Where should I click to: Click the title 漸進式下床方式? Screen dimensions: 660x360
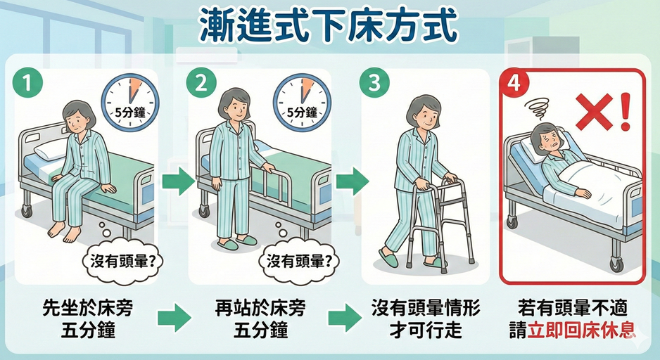click(328, 25)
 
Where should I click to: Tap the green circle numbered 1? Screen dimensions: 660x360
click(27, 82)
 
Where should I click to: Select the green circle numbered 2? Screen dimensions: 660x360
click(201, 82)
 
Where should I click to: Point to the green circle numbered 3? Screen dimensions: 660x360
click(374, 82)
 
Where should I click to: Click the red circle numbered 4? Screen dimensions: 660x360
click(514, 83)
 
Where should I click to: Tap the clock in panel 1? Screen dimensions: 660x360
click(130, 101)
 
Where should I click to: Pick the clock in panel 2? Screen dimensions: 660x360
click(303, 101)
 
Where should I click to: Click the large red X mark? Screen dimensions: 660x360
click(594, 111)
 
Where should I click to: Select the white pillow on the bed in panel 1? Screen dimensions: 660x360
click(50, 149)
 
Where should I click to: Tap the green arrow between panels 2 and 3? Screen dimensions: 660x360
click(352, 181)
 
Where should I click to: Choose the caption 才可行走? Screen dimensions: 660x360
click(425, 330)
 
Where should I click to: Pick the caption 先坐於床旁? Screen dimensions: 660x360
click(87, 308)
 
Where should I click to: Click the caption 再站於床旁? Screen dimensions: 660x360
click(260, 308)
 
